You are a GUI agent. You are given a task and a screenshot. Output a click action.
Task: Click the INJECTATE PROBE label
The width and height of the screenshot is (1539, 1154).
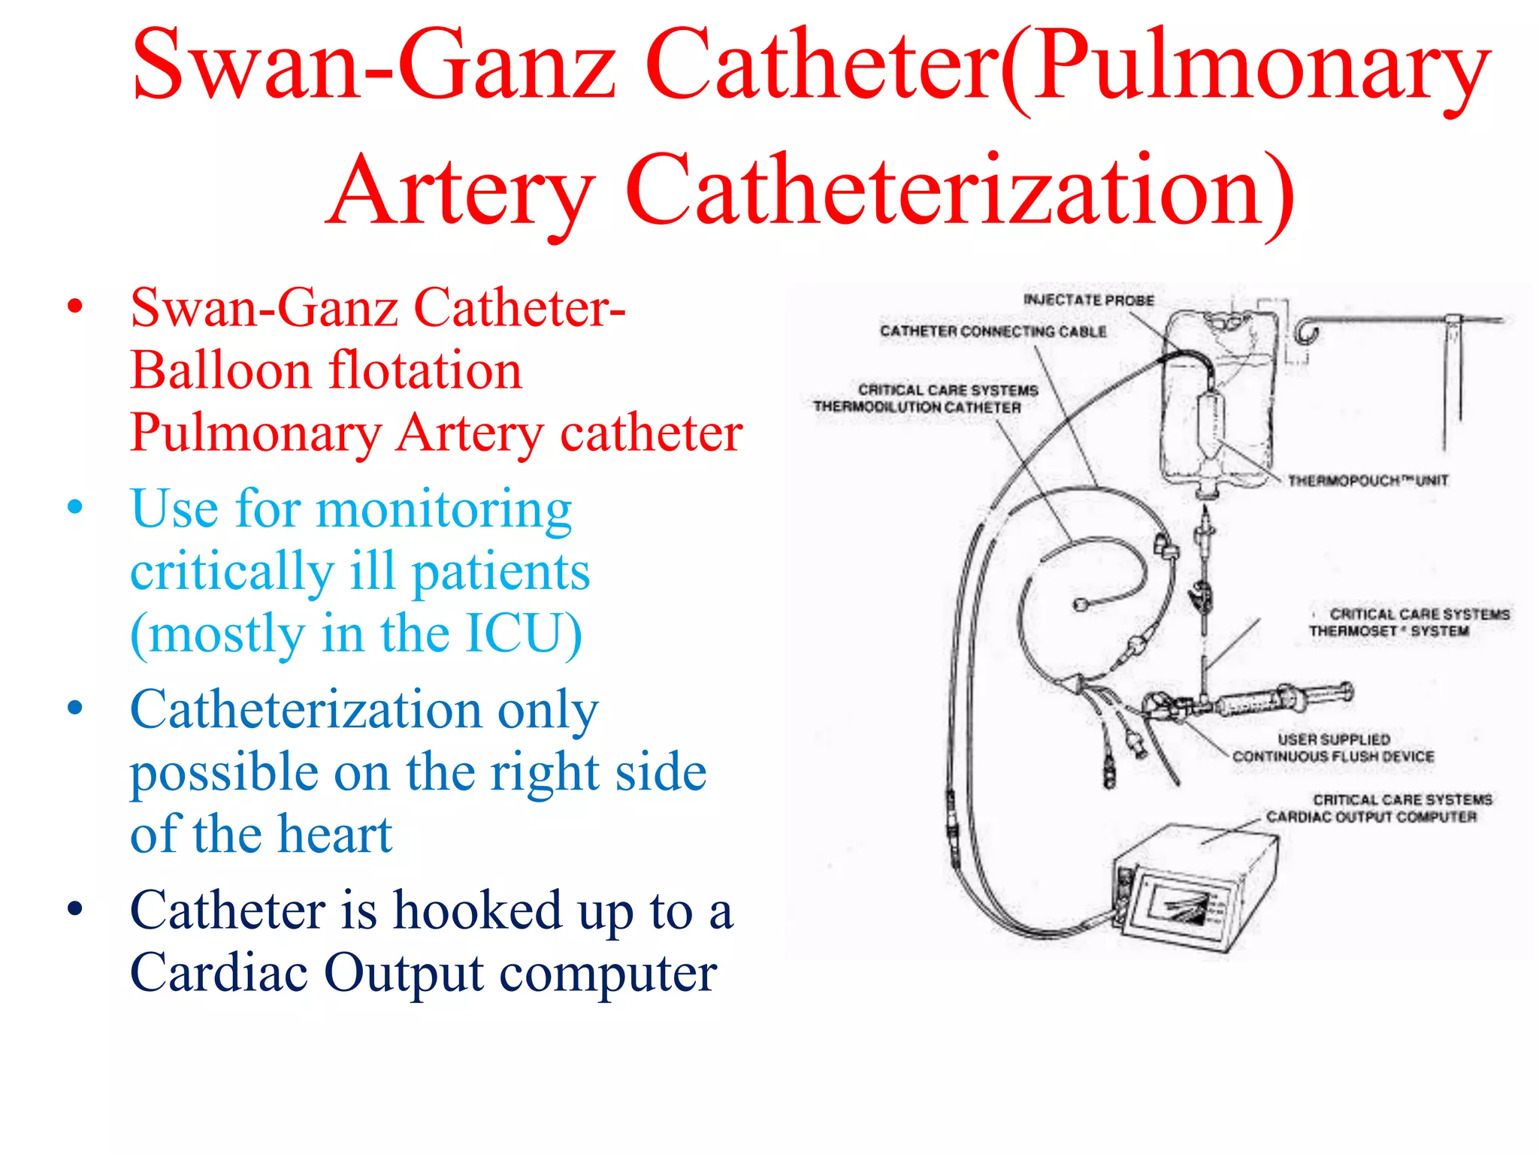[1088, 300]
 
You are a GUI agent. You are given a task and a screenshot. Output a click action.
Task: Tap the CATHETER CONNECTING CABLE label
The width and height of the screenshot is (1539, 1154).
[993, 331]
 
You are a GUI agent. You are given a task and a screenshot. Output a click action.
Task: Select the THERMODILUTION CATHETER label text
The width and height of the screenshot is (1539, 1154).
[917, 407]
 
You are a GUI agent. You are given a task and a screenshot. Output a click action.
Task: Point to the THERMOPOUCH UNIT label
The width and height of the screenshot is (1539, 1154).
[1368, 480]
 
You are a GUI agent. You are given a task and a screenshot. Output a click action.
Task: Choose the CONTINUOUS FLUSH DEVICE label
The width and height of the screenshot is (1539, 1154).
[1333, 756]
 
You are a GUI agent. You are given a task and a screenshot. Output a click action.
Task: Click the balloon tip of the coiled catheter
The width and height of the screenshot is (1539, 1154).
[1082, 603]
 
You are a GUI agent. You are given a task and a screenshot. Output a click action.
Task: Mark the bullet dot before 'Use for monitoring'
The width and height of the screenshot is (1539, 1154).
[74, 507]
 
